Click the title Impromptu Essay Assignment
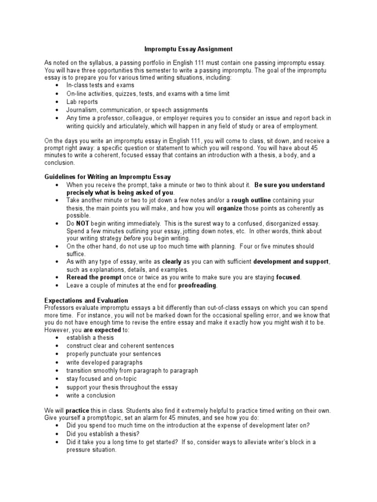point(188,50)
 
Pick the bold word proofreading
point(197,285)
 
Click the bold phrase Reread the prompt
point(92,277)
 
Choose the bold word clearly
point(172,262)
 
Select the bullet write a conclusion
point(91,396)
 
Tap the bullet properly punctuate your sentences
point(113,354)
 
